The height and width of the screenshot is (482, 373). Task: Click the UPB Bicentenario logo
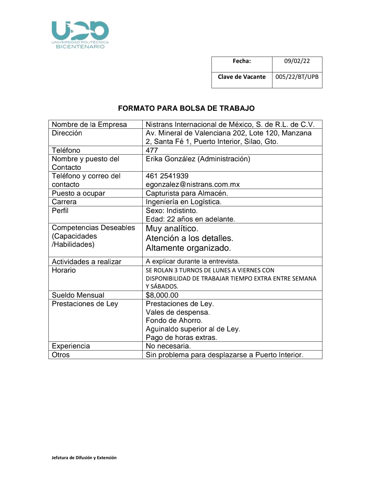click(x=80, y=34)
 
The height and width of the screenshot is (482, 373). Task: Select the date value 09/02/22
click(x=297, y=61)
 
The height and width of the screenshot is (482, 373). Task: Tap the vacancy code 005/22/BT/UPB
click(x=297, y=77)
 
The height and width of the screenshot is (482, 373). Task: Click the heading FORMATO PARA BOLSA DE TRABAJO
click(x=186, y=108)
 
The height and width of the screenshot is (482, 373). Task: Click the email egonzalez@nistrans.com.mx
click(x=193, y=184)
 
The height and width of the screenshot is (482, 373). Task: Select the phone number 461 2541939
click(x=167, y=176)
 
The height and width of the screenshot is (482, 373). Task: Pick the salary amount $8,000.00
click(x=162, y=295)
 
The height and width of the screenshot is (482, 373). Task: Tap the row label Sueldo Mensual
click(x=78, y=295)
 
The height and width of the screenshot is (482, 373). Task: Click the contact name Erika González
click(x=198, y=159)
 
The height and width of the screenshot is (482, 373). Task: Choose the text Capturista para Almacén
click(x=187, y=193)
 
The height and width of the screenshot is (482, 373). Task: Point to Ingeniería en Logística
click(x=183, y=202)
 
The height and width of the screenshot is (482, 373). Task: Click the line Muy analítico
click(x=172, y=229)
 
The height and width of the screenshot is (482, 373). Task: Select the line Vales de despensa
click(x=178, y=312)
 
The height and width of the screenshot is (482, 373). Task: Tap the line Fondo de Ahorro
click(x=174, y=320)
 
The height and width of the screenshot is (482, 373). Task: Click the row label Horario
click(x=64, y=270)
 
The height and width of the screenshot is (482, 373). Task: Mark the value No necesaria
click(x=168, y=346)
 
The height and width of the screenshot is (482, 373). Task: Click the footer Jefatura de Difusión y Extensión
click(x=84, y=458)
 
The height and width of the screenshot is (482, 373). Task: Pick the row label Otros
click(x=61, y=355)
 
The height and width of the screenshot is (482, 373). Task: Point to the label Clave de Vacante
click(x=242, y=77)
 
